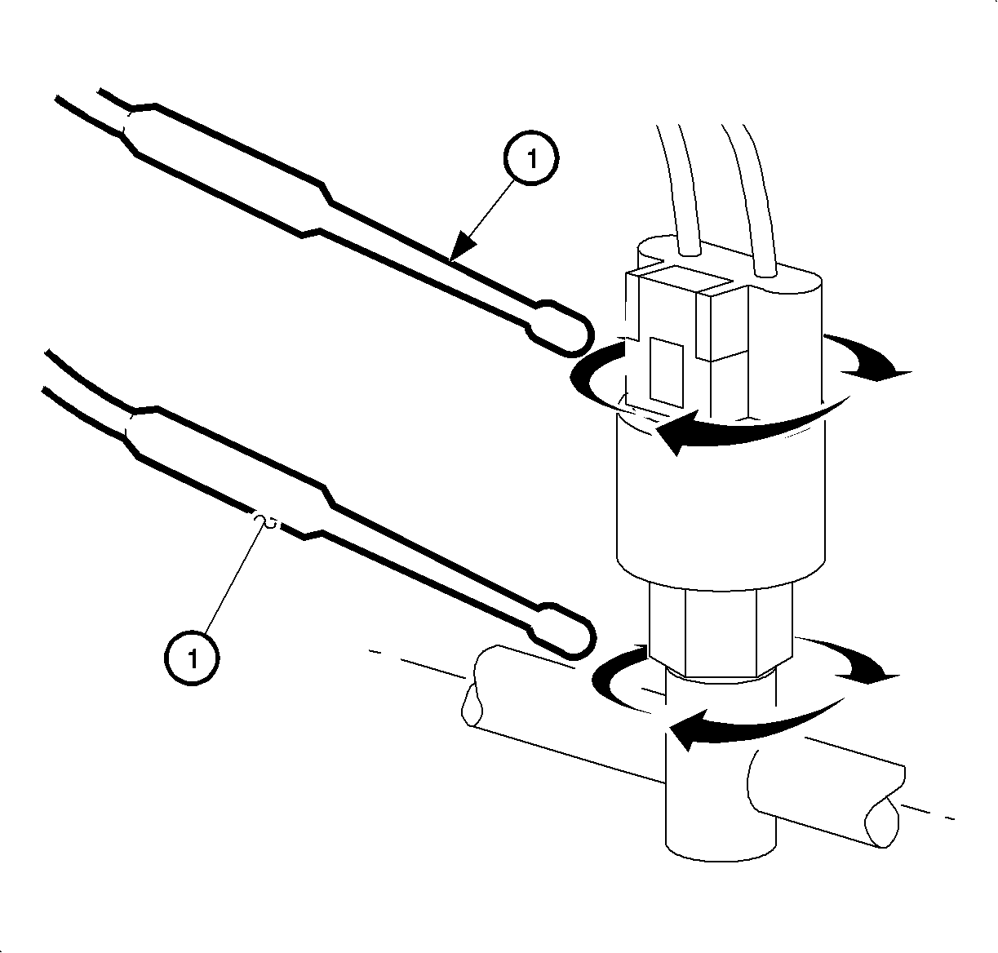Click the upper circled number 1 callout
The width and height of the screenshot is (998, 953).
[x=531, y=158]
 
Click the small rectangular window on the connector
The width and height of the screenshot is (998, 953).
[x=666, y=372]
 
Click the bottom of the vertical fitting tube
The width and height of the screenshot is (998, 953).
[x=720, y=856]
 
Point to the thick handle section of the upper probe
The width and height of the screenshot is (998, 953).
[x=226, y=168]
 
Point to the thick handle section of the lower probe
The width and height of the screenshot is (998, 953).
[x=226, y=472]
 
